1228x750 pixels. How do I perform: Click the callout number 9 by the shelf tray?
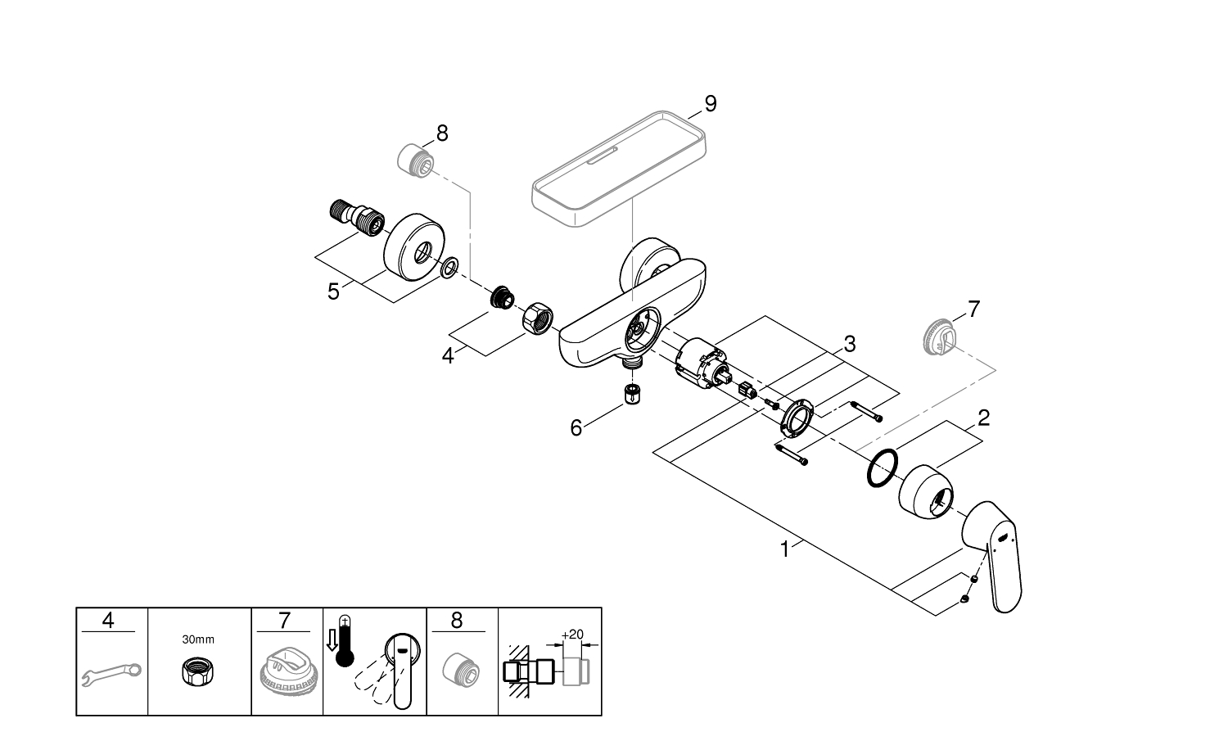pyautogui.click(x=710, y=104)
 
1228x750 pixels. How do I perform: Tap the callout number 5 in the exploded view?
pyautogui.click(x=333, y=291)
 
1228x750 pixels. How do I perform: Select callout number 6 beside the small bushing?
pyautogui.click(x=576, y=427)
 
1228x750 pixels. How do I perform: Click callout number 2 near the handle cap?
pyautogui.click(x=983, y=418)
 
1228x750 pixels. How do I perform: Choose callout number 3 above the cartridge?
pyautogui.click(x=849, y=344)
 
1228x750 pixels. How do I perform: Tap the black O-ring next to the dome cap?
pyautogui.click(x=881, y=468)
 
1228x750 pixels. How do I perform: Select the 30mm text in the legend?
pyautogui.click(x=197, y=639)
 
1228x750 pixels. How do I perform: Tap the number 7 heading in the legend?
pyautogui.click(x=283, y=621)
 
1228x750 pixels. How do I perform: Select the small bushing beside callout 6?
pyautogui.click(x=631, y=394)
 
